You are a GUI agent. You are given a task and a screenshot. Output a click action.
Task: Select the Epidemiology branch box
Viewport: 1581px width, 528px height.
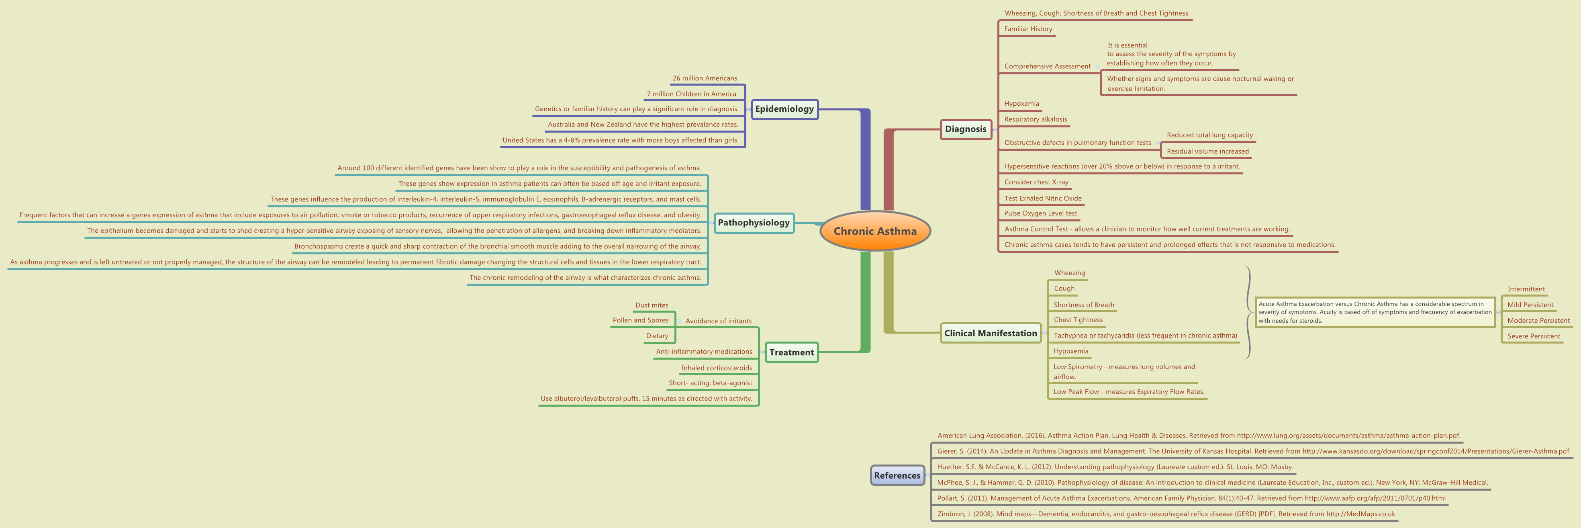point(784,109)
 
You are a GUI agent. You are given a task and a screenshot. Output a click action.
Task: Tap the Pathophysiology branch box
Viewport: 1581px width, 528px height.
point(754,223)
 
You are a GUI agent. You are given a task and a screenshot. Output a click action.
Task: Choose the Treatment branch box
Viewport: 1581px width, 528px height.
point(791,352)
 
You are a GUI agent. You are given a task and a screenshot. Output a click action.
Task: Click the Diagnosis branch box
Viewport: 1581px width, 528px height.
point(965,129)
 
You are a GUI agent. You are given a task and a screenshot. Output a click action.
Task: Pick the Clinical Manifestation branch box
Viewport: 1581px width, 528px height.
point(990,334)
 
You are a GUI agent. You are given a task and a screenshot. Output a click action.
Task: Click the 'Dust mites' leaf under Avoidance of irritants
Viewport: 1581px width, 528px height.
point(652,305)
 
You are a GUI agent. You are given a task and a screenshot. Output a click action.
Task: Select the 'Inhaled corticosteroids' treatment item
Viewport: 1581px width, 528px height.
point(716,368)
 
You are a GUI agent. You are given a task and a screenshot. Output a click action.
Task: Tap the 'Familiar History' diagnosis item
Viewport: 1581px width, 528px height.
point(1028,29)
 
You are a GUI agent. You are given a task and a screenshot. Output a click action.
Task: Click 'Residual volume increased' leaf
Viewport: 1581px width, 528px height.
point(1207,151)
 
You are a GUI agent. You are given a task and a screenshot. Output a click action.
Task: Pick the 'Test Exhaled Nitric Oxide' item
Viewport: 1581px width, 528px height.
point(1043,199)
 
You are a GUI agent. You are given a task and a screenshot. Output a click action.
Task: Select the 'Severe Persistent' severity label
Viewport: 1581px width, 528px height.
point(1533,336)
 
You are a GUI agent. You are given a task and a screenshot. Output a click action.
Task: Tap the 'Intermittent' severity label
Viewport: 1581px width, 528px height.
point(1526,289)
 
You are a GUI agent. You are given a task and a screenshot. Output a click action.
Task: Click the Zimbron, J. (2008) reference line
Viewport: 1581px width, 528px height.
point(1166,514)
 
